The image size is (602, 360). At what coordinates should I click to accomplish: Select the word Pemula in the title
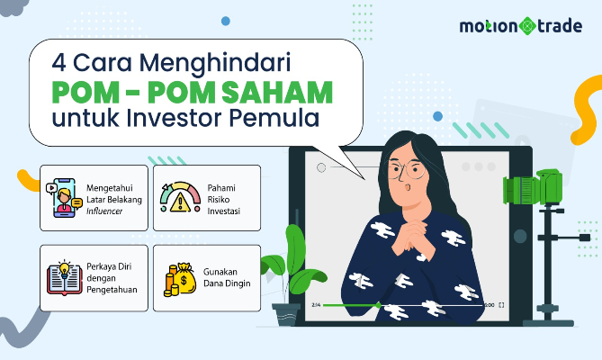coord(283,118)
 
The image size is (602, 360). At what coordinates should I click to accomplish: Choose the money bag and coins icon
coord(177,277)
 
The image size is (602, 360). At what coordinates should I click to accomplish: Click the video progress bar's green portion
coord(351,305)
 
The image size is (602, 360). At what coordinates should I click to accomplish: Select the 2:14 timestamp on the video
coord(315,305)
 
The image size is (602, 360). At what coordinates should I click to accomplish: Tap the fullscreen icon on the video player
coord(501,305)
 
